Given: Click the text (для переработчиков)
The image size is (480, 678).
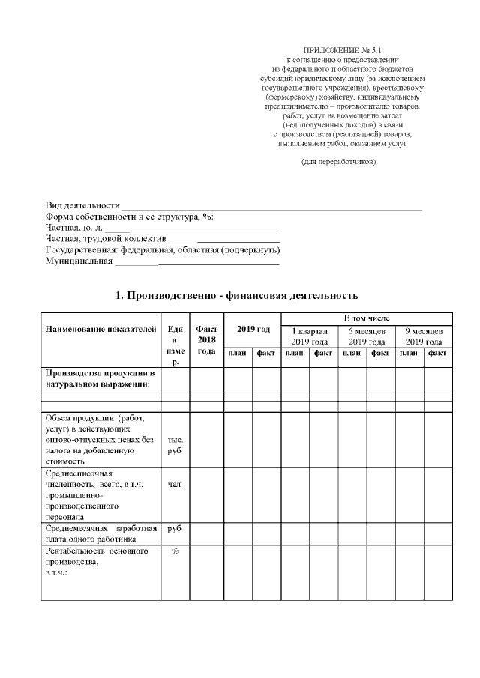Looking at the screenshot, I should pyautogui.click(x=338, y=161).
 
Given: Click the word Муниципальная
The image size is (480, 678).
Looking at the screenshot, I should pyautogui.click(x=79, y=261).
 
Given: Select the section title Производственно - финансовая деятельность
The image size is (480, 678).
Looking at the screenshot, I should pyautogui.click(x=237, y=296).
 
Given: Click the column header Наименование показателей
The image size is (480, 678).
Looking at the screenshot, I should pyautogui.click(x=100, y=330).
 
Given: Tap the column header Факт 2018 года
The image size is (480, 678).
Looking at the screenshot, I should pyautogui.click(x=206, y=340).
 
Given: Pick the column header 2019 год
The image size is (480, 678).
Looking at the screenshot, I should pyautogui.click(x=253, y=330).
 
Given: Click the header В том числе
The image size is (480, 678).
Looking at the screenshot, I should pyautogui.click(x=366, y=318).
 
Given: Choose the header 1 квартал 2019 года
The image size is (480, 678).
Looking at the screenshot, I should pyautogui.click(x=309, y=336).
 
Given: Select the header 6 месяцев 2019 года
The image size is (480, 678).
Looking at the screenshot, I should pyautogui.click(x=366, y=336).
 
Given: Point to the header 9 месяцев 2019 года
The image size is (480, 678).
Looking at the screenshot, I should pyautogui.click(x=424, y=336).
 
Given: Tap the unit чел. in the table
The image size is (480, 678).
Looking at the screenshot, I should pyautogui.click(x=175, y=484).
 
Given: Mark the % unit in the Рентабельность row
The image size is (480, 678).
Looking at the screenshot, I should pyautogui.click(x=175, y=551).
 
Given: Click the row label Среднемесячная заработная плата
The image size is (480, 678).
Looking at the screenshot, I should pyautogui.click(x=100, y=533).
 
